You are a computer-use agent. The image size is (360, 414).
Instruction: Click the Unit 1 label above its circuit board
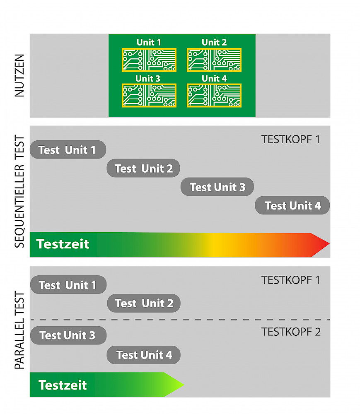(x=148, y=42)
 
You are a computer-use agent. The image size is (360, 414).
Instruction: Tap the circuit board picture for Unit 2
(x=214, y=60)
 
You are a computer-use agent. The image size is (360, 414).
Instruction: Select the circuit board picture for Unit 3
(x=149, y=96)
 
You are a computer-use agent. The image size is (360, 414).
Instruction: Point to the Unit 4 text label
(x=214, y=78)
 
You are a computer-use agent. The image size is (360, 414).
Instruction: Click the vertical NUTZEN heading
(x=19, y=75)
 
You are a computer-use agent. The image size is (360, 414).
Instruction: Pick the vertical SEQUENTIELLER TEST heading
(x=19, y=191)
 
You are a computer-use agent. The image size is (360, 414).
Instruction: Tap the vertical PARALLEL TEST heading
(x=19, y=330)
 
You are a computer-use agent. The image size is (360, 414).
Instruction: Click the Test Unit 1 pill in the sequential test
(x=68, y=150)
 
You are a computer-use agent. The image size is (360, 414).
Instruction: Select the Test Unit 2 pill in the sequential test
(x=143, y=168)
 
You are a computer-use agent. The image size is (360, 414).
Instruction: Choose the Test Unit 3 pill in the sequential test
(x=217, y=187)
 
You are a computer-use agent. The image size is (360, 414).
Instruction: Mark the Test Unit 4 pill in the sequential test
(x=292, y=205)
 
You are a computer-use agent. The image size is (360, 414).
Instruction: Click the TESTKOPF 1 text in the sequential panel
(x=290, y=140)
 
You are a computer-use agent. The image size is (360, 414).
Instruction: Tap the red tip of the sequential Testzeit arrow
(x=329, y=244)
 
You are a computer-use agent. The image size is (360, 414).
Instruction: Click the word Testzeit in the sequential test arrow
(x=63, y=244)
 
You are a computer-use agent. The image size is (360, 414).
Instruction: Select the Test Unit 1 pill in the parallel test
(x=68, y=285)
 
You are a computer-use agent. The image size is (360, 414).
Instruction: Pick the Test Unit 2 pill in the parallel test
(x=144, y=303)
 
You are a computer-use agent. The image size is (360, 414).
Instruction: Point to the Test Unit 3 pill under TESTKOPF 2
(x=68, y=335)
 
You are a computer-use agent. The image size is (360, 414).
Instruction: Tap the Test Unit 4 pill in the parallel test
(x=144, y=355)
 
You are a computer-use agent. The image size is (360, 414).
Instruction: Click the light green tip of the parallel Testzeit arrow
(x=183, y=385)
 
